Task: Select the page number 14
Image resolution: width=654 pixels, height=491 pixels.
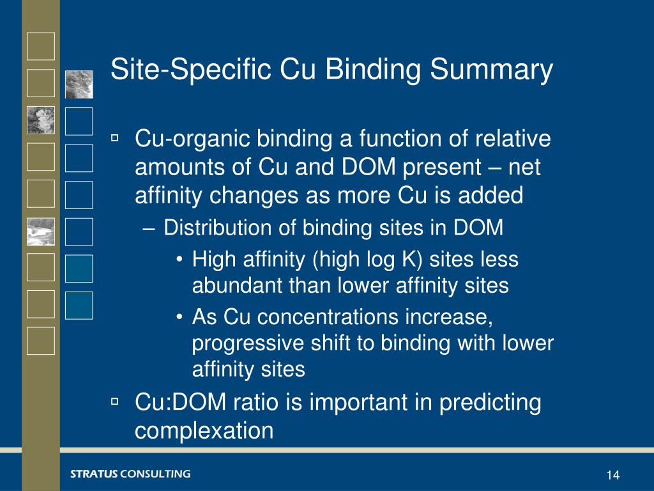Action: coord(613,475)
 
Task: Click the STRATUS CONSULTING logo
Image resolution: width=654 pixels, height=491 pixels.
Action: coord(130,474)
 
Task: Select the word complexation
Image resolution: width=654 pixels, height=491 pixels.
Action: coord(204,430)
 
